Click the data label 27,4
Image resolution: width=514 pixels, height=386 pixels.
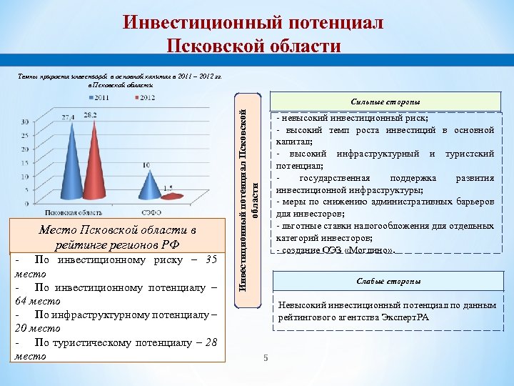pyautogui.click(x=68, y=117)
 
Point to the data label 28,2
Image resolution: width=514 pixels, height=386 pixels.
pyautogui.click(x=90, y=114)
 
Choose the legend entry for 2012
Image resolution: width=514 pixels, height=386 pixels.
pyautogui.click(x=144, y=96)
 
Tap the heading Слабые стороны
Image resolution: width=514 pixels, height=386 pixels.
pyautogui.click(x=388, y=281)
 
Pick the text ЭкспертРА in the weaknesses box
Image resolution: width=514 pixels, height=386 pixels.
pyautogui.click(x=403, y=317)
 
